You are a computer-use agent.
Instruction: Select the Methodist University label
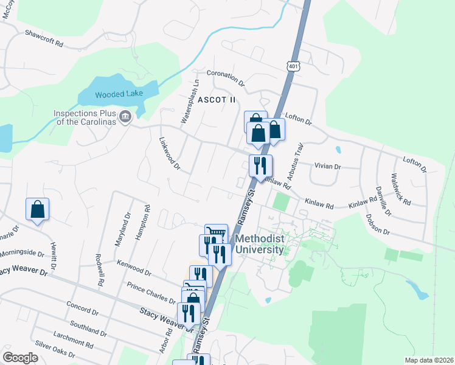coord(260,245)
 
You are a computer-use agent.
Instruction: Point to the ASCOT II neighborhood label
coord(215,99)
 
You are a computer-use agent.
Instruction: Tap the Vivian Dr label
coord(328,166)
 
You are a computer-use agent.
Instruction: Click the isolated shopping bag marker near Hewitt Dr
coord(37,209)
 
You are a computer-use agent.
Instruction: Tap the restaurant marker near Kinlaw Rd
coord(260,165)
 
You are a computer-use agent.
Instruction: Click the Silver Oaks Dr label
coord(55,349)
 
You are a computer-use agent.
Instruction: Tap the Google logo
coord(20,357)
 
